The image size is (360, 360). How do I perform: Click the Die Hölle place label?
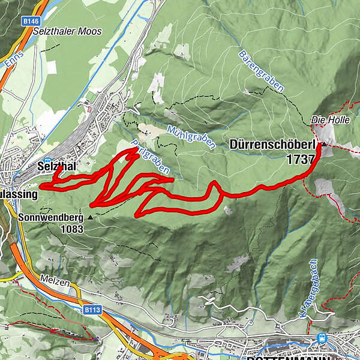326,121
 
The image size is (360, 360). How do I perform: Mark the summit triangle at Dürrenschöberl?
324,145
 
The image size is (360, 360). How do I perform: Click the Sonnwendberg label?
50,217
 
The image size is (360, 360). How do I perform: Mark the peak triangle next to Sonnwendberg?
90,217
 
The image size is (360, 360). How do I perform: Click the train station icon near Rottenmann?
322,338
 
